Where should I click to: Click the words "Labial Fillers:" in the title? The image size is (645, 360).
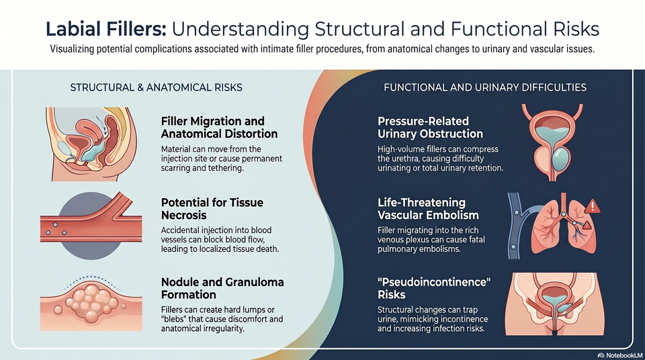click(x=105, y=29)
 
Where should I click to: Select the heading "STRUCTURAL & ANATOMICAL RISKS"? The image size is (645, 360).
click(x=157, y=87)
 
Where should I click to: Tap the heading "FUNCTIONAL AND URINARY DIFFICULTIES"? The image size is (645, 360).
click(x=485, y=87)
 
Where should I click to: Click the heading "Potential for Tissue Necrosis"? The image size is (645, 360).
click(x=212, y=209)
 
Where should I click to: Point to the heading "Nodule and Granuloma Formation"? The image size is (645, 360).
click(x=222, y=288)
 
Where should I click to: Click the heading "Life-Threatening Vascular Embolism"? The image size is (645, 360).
click(x=428, y=209)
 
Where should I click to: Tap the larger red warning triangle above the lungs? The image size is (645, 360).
click(x=593, y=206)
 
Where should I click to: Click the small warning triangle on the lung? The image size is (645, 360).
click(x=587, y=225)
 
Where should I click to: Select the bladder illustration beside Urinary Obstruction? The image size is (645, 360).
click(x=552, y=142)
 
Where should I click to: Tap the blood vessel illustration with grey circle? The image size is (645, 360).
click(x=91, y=226)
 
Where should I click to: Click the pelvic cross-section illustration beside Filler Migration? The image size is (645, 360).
click(x=91, y=144)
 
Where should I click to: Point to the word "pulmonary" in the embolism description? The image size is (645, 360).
click(x=395, y=249)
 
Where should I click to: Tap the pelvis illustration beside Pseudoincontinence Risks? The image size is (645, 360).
click(x=554, y=304)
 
